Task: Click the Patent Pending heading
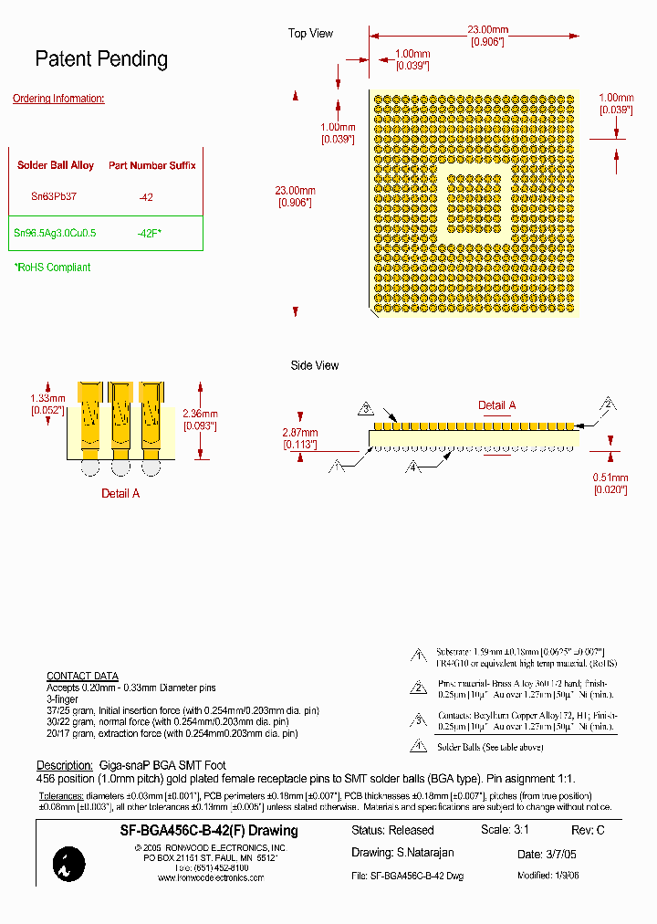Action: pos(101,59)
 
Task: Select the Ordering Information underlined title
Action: pos(58,99)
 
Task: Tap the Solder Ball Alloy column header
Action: pos(56,165)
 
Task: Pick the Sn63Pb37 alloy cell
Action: pos(55,196)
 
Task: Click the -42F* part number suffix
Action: pos(149,233)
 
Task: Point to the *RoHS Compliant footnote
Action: pos(52,268)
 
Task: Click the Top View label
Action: pos(311,34)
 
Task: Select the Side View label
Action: pos(315,365)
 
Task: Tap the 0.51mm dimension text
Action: pos(611,478)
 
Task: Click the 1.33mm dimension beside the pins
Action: pos(47,398)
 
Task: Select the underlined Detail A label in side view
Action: pos(497,405)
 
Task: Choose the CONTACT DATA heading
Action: pos(82,677)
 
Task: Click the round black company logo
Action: pos(69,863)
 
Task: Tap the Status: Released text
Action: pos(392,831)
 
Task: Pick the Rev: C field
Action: pos(588,831)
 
